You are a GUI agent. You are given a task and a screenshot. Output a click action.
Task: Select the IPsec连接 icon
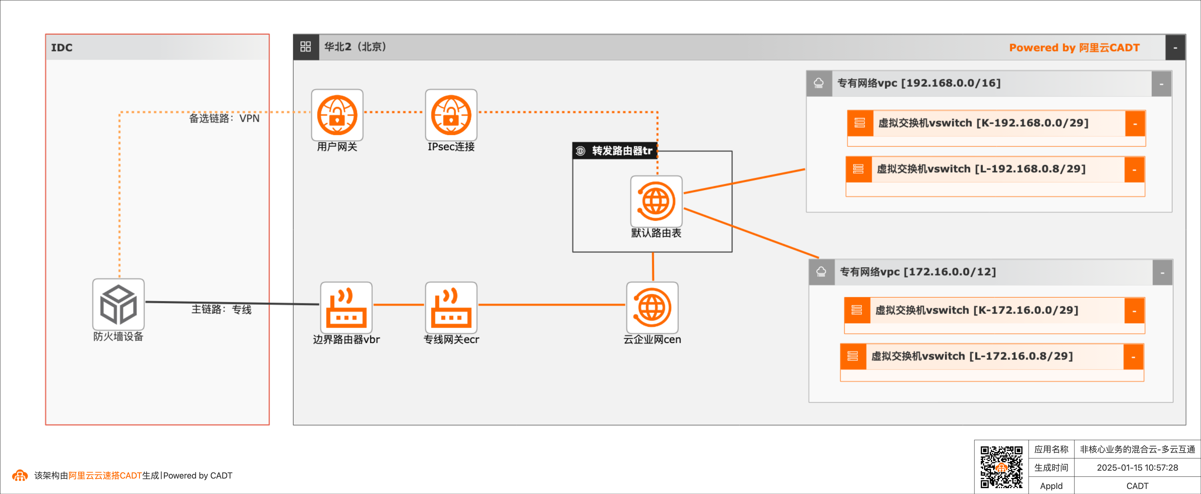[451, 115]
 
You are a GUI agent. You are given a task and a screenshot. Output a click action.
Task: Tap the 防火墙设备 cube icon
[118, 305]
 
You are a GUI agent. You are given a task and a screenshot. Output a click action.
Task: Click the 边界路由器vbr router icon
[346, 307]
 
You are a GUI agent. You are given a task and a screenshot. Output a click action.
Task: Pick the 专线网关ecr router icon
[451, 307]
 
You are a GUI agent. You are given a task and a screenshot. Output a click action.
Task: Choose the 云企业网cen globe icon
[652, 307]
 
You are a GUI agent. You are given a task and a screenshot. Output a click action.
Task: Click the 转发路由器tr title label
[621, 151]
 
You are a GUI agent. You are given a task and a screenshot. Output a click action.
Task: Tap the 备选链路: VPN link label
[224, 119]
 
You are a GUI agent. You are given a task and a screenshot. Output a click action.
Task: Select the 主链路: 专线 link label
[222, 309]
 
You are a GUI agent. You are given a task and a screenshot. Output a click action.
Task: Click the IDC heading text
[61, 48]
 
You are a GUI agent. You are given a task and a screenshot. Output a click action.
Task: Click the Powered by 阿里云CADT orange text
[1074, 48]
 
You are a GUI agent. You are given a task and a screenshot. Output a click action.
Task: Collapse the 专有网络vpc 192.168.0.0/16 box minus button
[1161, 84]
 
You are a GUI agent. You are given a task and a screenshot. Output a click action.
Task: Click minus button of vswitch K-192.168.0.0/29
[1135, 124]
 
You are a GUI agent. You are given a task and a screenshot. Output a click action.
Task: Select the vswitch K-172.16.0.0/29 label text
[976, 310]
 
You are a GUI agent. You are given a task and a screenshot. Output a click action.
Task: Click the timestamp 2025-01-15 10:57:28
[1137, 468]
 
